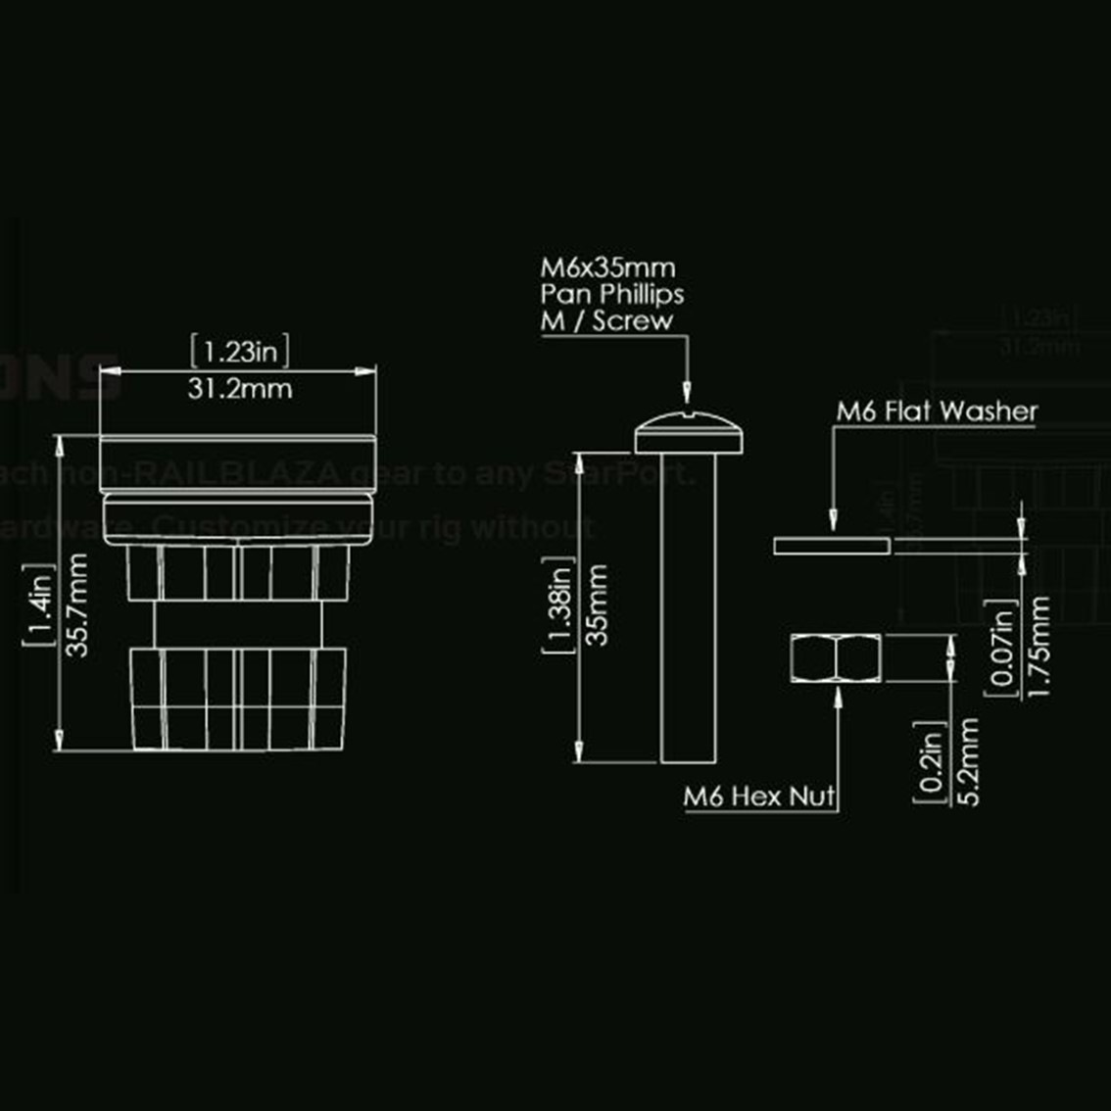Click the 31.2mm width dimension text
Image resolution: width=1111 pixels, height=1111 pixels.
click(x=240, y=388)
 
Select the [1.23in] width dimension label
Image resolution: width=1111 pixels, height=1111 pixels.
click(x=240, y=350)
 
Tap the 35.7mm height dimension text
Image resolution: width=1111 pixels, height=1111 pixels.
click(x=79, y=604)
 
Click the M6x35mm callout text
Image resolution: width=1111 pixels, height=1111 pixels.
click(x=608, y=267)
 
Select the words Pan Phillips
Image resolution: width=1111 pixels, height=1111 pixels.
click(x=612, y=294)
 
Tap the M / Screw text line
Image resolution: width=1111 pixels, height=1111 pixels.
click(x=607, y=320)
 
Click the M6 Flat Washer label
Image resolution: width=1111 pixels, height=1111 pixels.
click(x=936, y=411)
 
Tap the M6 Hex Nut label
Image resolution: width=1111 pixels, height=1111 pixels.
click(x=759, y=797)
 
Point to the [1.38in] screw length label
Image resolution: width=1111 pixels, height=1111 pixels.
click(x=559, y=604)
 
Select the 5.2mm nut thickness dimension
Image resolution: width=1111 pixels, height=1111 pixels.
click(x=969, y=761)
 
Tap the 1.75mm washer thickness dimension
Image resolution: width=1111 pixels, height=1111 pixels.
click(x=1040, y=647)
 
